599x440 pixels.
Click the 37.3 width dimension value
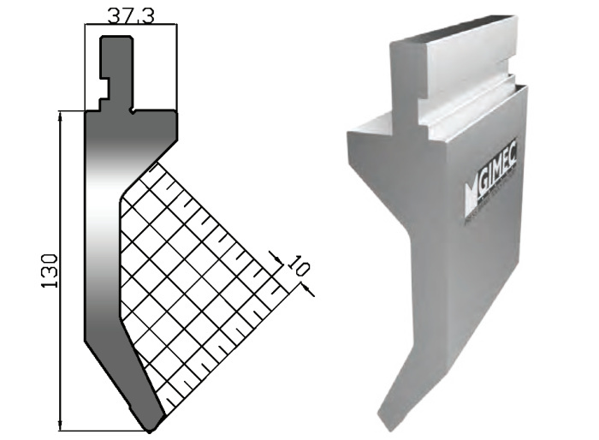[x=131, y=16]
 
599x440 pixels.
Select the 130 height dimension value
[x=50, y=271]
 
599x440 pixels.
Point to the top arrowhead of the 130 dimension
[x=60, y=116]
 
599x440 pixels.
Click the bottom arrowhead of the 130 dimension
[x=60, y=425]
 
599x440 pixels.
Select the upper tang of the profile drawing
[x=117, y=73]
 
